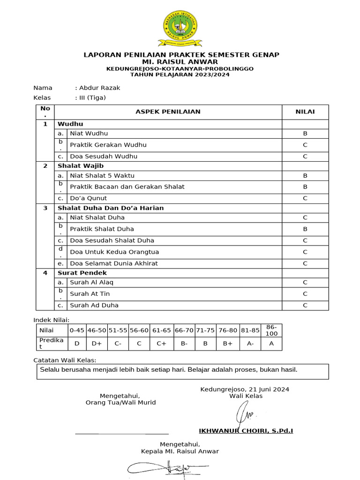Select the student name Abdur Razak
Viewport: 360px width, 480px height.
click(x=99, y=88)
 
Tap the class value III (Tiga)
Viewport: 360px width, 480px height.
click(x=92, y=97)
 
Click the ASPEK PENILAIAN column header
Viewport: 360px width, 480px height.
click(x=168, y=112)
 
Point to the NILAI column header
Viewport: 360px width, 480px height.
click(x=305, y=112)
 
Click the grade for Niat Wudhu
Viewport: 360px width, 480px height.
click(x=305, y=134)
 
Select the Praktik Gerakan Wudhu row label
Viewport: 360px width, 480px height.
click(x=108, y=145)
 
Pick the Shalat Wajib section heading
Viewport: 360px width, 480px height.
click(x=81, y=165)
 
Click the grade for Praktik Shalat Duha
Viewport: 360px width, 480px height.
click(x=305, y=229)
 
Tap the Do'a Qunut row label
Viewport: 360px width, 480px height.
click(x=88, y=198)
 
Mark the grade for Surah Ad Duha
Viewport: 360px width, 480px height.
click(x=305, y=305)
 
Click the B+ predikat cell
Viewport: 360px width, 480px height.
click(x=228, y=343)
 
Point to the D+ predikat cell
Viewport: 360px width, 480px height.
click(x=97, y=343)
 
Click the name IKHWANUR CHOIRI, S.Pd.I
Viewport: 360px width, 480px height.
click(x=246, y=430)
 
